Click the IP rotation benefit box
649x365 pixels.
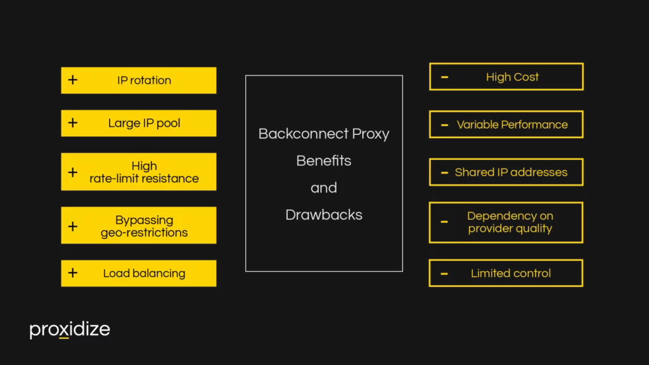tap(138, 80)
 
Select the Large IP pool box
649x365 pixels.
tap(138, 123)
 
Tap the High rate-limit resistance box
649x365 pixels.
tap(138, 172)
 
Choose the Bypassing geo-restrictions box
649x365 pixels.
tap(138, 226)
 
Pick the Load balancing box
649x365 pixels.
tap(138, 273)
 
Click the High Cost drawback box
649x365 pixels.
tap(506, 77)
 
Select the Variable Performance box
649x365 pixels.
tap(506, 124)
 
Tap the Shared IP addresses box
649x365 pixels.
tap(506, 172)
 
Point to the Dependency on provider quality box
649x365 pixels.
tap(506, 222)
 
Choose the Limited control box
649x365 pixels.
tap(506, 273)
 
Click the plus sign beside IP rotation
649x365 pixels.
tap(73, 80)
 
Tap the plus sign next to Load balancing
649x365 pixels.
tap(73, 273)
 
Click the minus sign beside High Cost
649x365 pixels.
tap(444, 77)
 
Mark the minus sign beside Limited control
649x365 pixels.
tap(444, 273)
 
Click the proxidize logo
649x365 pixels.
tap(70, 330)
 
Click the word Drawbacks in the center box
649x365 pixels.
tap(324, 215)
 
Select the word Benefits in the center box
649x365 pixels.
tap(324, 161)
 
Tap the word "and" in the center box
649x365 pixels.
tap(324, 188)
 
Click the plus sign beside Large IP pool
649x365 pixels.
tap(73, 123)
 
